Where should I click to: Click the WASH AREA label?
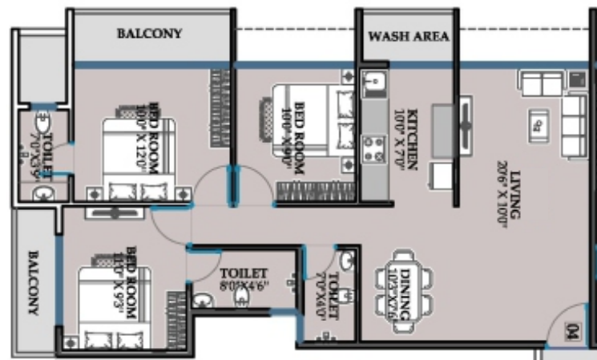(408, 37)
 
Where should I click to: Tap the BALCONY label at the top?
(149, 34)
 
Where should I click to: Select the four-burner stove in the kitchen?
(373, 148)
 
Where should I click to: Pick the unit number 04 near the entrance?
(571, 330)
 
